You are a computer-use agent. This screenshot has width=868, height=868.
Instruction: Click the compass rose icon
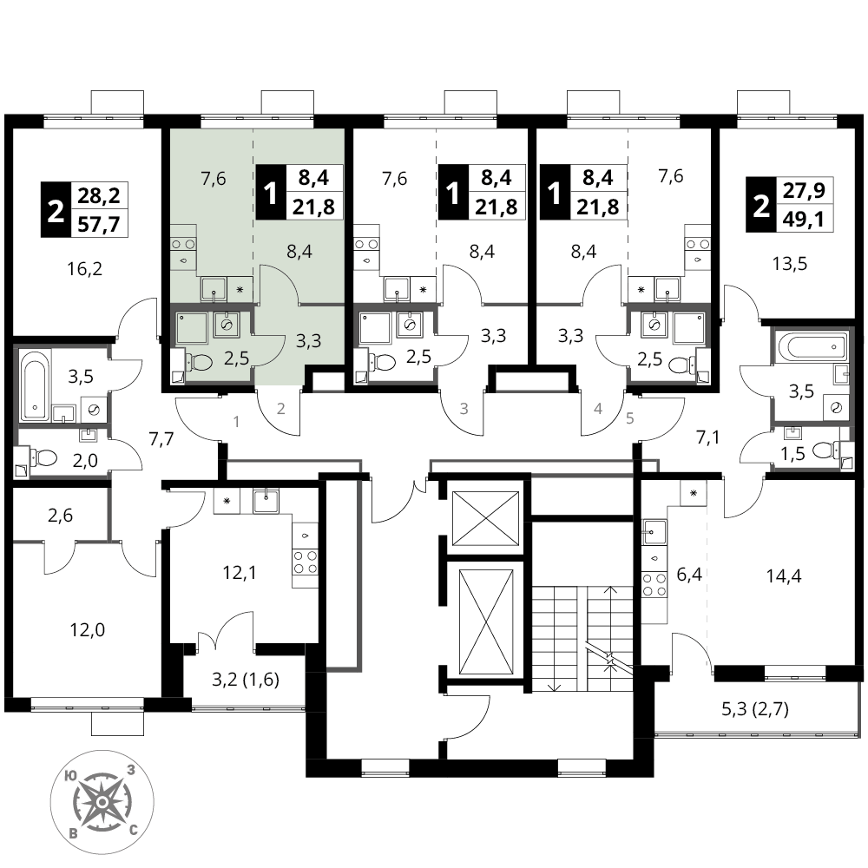(102, 802)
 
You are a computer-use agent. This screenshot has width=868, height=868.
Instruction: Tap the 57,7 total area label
(100, 225)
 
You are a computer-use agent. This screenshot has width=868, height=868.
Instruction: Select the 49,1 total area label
(803, 220)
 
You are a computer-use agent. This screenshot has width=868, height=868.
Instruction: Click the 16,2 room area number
(85, 269)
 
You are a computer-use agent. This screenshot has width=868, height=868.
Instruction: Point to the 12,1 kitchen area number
(240, 572)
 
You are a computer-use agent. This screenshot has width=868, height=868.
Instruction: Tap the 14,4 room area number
(784, 576)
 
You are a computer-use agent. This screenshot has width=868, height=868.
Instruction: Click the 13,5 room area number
(789, 264)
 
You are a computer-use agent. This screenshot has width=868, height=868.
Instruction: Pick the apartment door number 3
(464, 409)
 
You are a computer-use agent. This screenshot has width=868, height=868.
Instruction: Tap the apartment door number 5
(629, 418)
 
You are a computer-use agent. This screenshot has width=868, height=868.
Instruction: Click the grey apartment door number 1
(236, 422)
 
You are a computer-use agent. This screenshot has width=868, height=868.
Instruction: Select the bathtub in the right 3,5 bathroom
(812, 346)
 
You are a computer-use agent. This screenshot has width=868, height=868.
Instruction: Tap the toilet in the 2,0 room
(43, 457)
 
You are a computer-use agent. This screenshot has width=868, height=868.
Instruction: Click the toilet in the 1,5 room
(825, 450)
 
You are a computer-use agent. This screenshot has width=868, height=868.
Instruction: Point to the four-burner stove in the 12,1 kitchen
(305, 562)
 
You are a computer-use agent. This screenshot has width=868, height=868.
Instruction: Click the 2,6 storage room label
(61, 516)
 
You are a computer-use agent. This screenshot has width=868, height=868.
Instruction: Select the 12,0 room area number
(88, 630)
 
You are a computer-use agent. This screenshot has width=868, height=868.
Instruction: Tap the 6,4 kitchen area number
(689, 575)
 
